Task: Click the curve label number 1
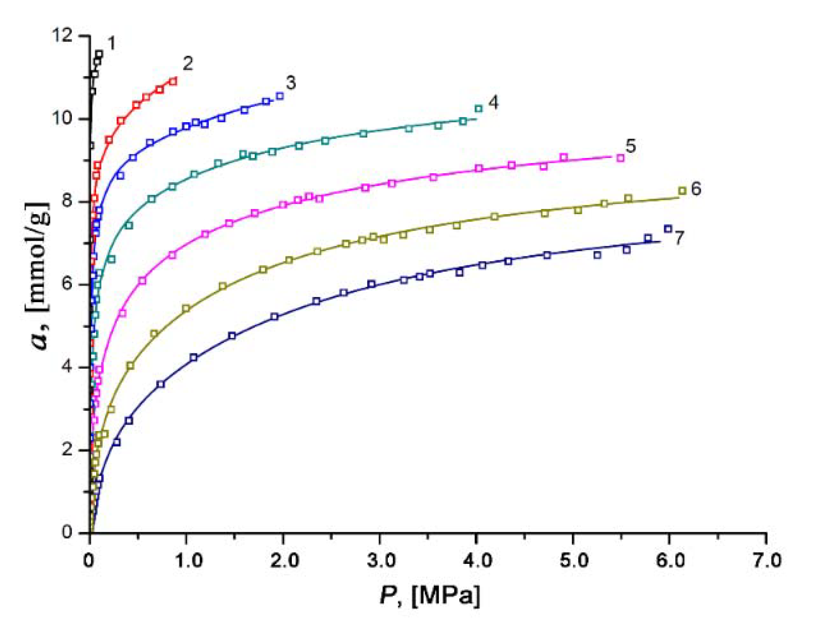[x=111, y=44]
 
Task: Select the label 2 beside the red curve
[x=188, y=63]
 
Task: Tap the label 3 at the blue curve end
[x=290, y=83]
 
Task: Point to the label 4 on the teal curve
[x=493, y=102]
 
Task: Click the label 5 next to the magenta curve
[x=630, y=146]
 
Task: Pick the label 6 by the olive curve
[x=696, y=189]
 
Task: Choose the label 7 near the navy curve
[x=679, y=237]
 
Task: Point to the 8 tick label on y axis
[x=67, y=201]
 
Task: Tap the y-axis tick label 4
[x=67, y=366]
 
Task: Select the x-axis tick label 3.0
[x=381, y=561]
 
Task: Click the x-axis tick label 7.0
[x=767, y=561]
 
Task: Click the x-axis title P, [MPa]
[x=429, y=595]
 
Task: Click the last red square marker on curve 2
[x=173, y=81]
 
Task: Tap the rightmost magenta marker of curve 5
[x=620, y=158]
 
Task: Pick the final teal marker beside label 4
[x=479, y=108]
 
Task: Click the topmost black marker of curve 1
[x=99, y=54]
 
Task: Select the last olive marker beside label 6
[x=682, y=191]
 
